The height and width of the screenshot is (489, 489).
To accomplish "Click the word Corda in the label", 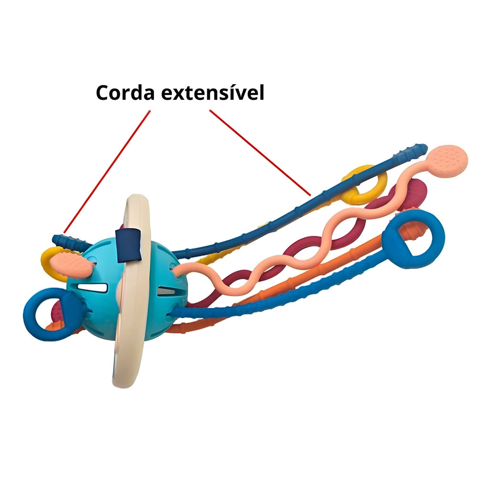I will point(126,93).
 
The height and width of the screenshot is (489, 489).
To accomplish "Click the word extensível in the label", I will point(213,93).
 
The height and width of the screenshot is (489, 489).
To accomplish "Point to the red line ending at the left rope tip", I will point(107,171).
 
